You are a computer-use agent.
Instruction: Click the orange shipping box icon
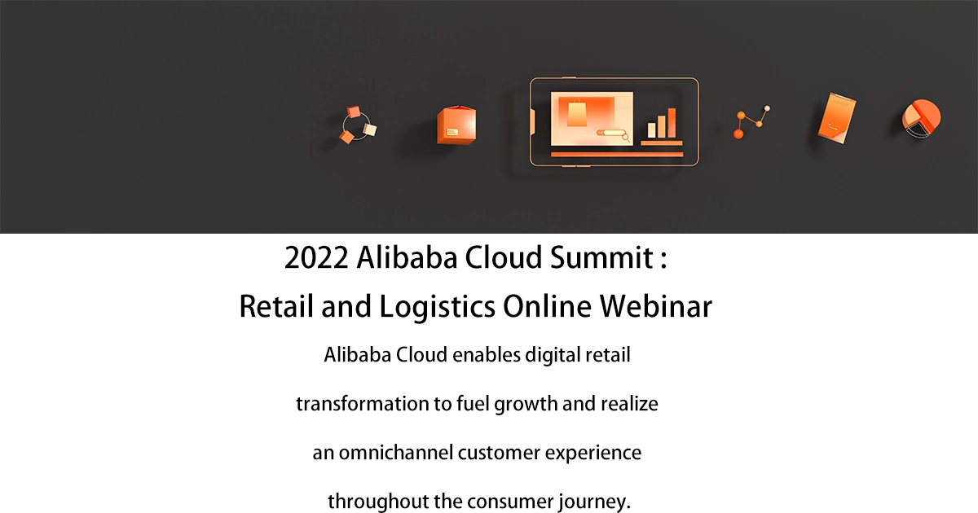[456, 126]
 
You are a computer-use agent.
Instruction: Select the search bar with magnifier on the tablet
[611, 133]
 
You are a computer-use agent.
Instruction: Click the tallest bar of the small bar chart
[672, 122]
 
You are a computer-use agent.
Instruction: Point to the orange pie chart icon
[922, 120]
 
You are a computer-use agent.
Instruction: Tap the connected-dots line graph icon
[751, 121]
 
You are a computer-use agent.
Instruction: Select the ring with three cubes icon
[358, 125]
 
